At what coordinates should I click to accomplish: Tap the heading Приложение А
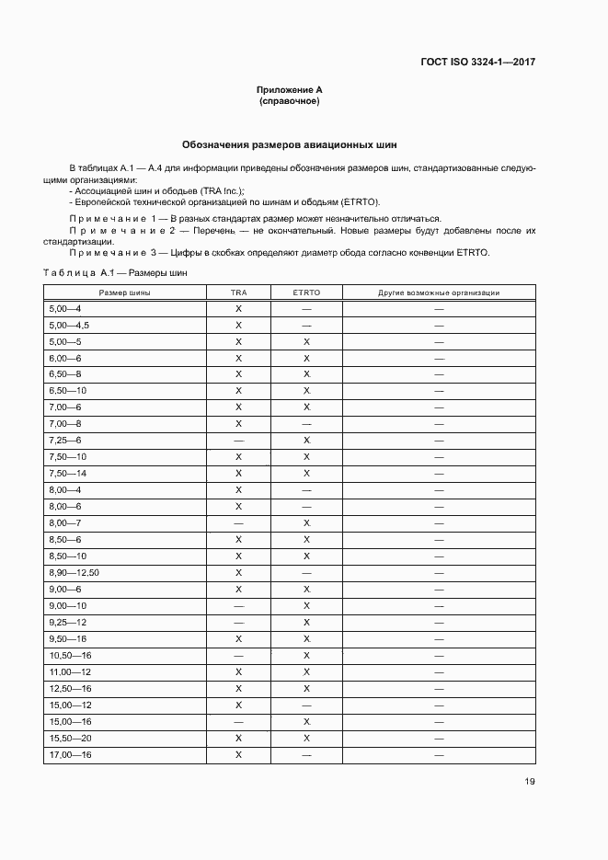290,89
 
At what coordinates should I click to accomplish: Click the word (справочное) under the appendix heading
290,101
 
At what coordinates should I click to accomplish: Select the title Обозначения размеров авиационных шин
290,145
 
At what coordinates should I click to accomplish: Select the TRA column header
238,292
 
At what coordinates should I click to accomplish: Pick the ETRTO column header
306,292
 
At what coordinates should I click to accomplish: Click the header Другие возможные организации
439,292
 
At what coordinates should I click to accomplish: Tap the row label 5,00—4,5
68,326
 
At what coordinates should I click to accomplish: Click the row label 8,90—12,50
74,573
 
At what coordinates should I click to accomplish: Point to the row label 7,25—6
64,441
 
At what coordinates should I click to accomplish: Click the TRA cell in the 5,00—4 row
238,309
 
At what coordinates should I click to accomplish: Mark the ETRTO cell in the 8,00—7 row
306,523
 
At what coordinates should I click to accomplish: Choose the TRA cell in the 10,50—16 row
238,655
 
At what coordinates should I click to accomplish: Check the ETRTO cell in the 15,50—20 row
306,738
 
